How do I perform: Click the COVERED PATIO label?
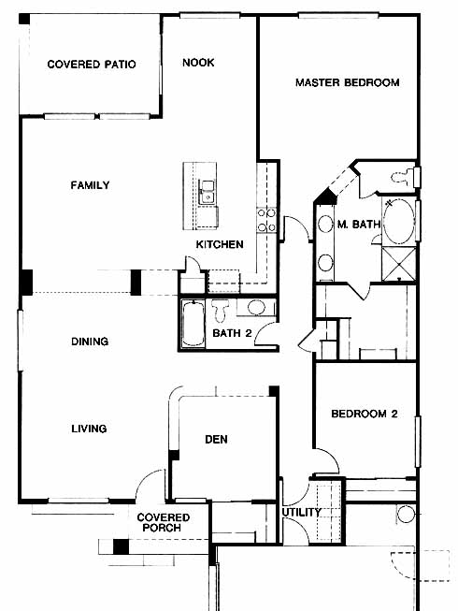[x=92, y=65]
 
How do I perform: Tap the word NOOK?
[x=198, y=63]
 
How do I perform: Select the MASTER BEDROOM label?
[x=348, y=82]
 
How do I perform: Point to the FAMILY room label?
[x=91, y=185]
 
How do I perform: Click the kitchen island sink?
[x=207, y=192]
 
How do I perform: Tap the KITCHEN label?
[x=220, y=244]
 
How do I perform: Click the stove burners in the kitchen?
[x=266, y=220]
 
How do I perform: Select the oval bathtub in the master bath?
[x=398, y=222]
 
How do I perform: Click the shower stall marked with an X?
[x=399, y=264]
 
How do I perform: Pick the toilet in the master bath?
[x=403, y=177]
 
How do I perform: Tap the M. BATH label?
[x=358, y=224]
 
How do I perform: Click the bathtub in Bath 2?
[x=193, y=323]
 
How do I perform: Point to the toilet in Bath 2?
[x=221, y=310]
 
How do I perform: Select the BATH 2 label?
[x=233, y=333]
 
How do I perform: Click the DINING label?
[x=90, y=342]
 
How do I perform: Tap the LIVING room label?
[x=89, y=429]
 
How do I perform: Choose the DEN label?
[x=216, y=440]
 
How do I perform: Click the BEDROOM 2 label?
[x=365, y=414]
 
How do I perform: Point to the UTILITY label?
[x=302, y=512]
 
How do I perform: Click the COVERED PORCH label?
[x=163, y=522]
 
